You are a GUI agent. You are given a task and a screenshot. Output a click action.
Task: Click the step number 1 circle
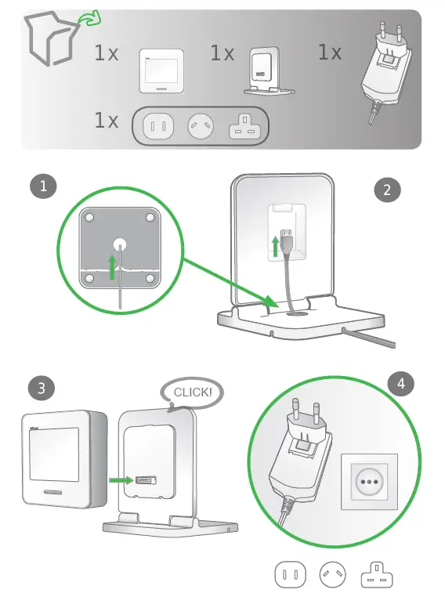[42, 186]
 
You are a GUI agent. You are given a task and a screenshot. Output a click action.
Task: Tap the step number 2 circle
[387, 189]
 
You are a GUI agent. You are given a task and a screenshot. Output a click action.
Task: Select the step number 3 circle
[41, 387]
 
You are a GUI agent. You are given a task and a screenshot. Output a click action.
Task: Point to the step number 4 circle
[401, 384]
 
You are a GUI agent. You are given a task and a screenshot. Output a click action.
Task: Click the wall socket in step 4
[369, 481]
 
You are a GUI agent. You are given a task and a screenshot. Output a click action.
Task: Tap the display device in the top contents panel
[162, 71]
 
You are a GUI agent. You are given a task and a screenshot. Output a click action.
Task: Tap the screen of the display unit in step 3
[53, 456]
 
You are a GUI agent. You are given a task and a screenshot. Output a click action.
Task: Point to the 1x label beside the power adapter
[329, 52]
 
